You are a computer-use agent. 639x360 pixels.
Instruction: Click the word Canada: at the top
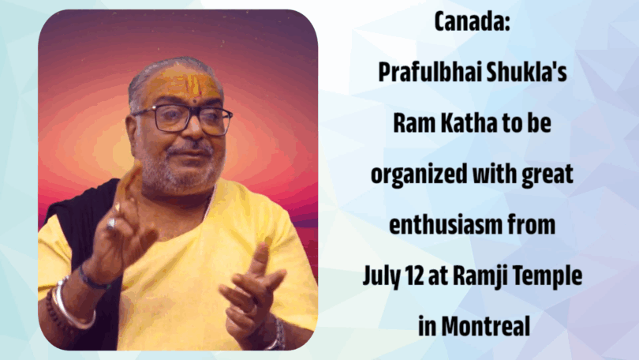(x=472, y=21)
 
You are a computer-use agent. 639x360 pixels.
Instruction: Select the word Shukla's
(x=526, y=72)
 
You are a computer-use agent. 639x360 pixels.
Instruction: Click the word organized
(x=419, y=175)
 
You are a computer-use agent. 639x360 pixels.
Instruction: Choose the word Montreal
(x=486, y=327)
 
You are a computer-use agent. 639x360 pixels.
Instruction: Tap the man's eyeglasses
(x=181, y=118)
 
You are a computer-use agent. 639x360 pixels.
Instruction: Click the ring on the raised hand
(x=111, y=223)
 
